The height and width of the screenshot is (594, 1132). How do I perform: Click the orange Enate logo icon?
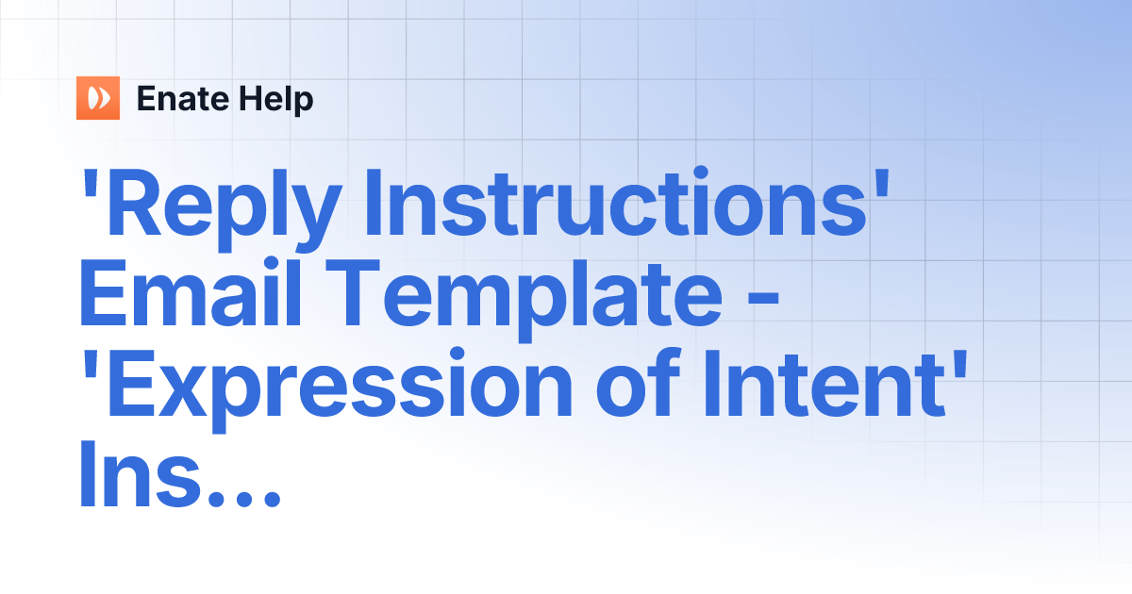[98, 98]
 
